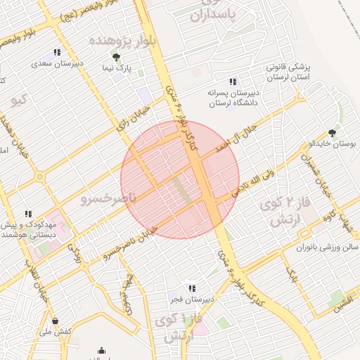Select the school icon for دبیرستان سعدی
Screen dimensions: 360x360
(57, 52)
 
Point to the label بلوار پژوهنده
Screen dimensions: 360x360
(117, 41)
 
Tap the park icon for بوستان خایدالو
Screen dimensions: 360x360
(332, 132)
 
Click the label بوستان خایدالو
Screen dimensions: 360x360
(334, 144)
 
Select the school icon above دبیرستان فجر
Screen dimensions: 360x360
(191, 288)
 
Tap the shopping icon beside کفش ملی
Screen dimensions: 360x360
(55, 321)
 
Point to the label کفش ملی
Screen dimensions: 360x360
(57, 333)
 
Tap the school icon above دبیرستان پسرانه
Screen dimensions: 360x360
(233, 82)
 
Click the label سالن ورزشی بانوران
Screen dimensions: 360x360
(329, 248)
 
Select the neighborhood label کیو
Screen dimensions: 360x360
(19, 101)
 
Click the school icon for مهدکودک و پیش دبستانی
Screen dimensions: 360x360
(29, 214)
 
